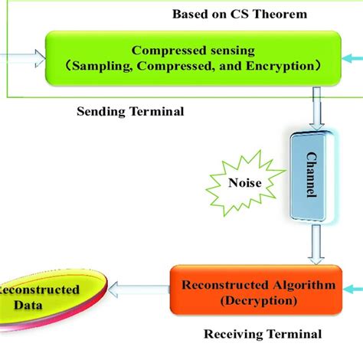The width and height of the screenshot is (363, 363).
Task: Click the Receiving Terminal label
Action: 263,334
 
